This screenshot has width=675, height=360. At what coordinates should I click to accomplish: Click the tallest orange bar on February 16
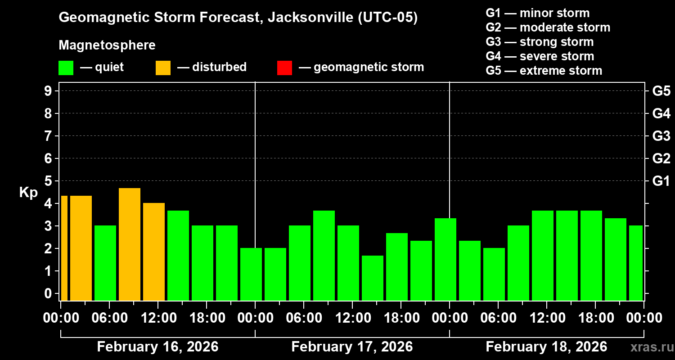[x=130, y=244]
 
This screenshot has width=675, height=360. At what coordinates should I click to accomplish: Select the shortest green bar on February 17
[x=373, y=278]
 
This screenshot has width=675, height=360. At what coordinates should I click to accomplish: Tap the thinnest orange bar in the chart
[x=64, y=247]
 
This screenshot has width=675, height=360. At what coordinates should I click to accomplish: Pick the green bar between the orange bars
[x=105, y=263]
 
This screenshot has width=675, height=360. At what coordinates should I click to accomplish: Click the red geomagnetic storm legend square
[x=284, y=67]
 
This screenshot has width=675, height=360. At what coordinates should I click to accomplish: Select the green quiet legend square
[x=66, y=67]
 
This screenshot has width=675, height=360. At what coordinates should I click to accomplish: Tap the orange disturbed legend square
[x=163, y=67]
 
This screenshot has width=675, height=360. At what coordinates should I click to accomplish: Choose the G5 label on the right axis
[x=661, y=91]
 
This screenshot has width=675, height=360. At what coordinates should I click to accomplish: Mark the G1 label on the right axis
[x=661, y=181]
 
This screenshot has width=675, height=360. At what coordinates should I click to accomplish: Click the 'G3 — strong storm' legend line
[x=540, y=42]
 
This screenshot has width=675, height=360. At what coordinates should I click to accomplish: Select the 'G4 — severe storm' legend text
[x=540, y=56]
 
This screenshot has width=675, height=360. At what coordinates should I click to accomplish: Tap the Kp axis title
[x=28, y=192]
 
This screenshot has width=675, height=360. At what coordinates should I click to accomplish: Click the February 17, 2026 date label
[x=352, y=347]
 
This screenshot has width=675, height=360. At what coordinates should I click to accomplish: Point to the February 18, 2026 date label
[x=546, y=347]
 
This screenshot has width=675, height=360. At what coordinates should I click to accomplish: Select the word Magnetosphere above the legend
[x=107, y=45]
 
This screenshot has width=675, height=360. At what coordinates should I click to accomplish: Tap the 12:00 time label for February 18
[x=546, y=318]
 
